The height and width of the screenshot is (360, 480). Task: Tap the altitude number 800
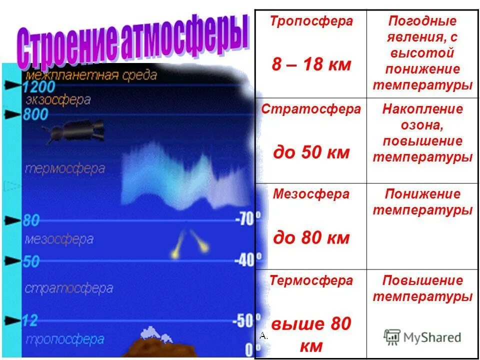(36, 114)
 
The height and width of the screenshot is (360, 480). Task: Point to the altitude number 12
(31, 320)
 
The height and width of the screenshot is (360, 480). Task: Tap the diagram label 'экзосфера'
(57, 100)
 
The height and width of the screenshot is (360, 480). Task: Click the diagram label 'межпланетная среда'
(91, 75)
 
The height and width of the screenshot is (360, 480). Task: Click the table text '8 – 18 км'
(311, 65)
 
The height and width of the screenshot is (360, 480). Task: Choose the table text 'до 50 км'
(311, 152)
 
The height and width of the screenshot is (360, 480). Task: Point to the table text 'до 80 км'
(311, 237)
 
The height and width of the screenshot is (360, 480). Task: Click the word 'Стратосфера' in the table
(311, 109)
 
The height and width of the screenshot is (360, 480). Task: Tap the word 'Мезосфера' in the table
(311, 194)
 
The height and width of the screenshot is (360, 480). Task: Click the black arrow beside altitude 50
(11, 260)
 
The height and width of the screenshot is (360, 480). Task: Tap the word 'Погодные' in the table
(422, 21)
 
